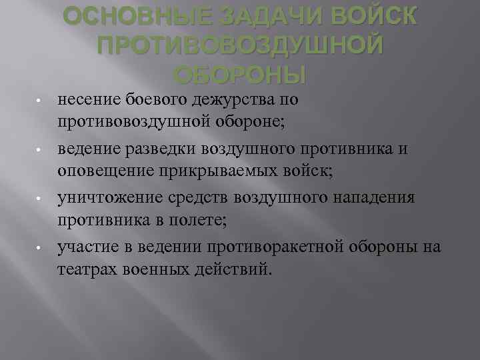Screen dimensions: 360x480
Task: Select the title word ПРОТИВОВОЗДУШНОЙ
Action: pyautogui.click(x=240, y=45)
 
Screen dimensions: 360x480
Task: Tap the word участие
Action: pyautogui.click(x=85, y=248)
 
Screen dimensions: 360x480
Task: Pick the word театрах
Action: pyautogui.click(x=85, y=269)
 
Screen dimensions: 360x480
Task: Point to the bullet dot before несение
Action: pyautogui.click(x=40, y=101)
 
